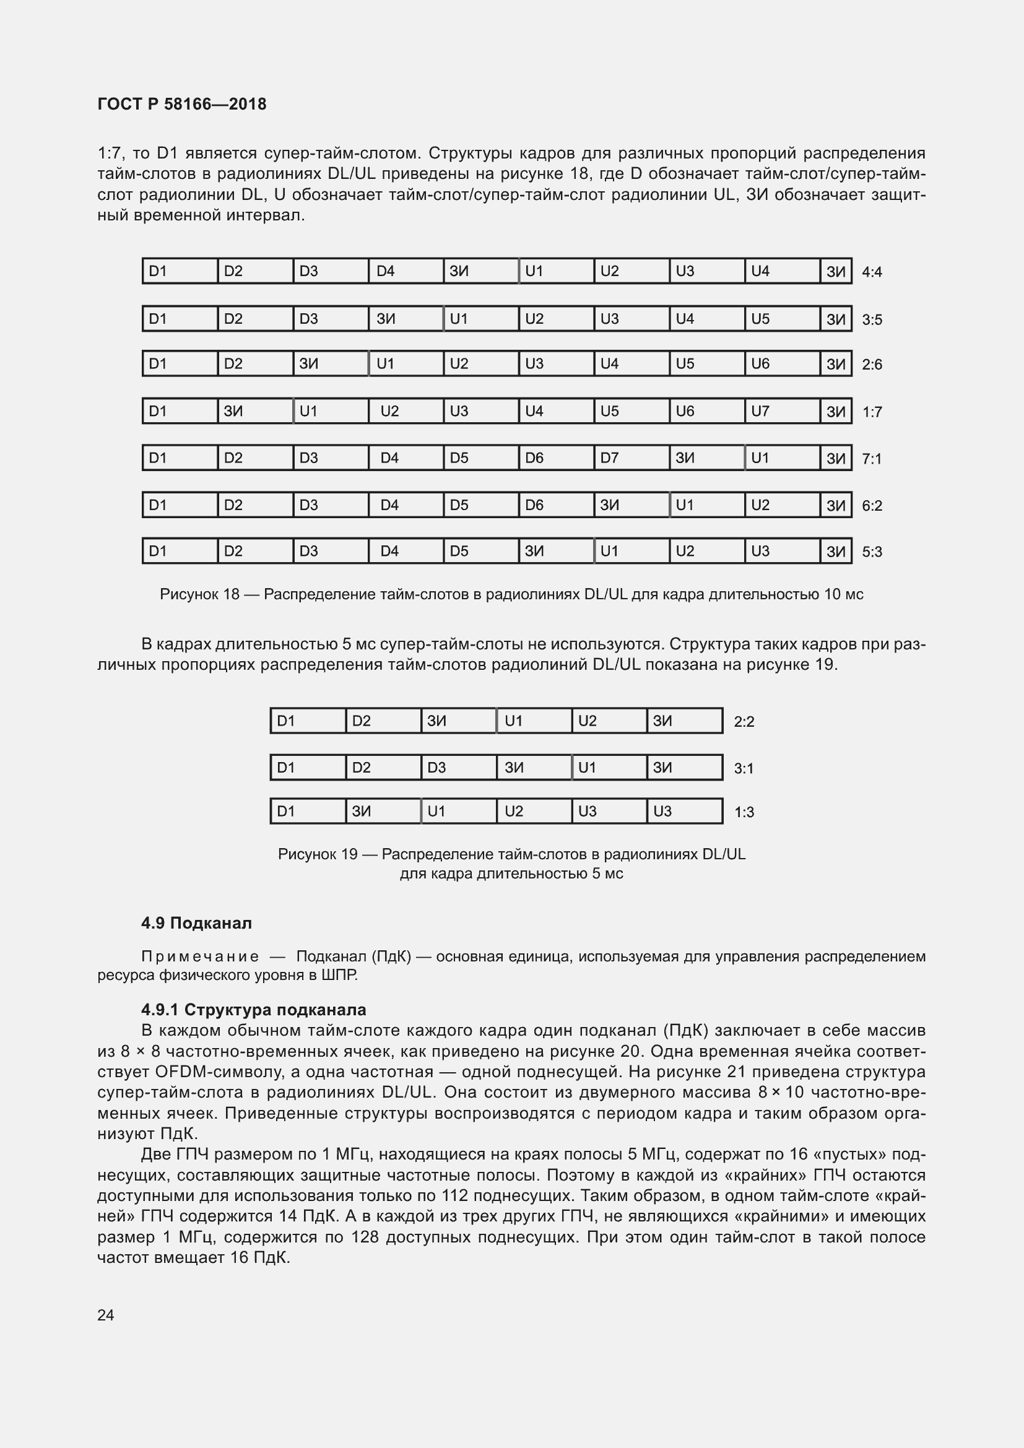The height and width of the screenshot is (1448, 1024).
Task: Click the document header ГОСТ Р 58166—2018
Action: point(181,104)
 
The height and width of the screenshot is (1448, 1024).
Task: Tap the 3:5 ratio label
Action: point(872,319)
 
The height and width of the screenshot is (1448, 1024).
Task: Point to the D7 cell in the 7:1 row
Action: point(630,458)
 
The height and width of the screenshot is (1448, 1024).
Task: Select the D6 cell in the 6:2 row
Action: point(555,505)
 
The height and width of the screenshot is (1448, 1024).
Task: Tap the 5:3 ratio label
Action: point(872,552)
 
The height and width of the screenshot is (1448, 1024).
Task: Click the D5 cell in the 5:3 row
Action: point(480,551)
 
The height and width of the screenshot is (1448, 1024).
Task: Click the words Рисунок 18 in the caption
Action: point(199,594)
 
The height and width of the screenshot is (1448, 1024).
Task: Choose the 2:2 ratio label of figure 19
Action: point(744,721)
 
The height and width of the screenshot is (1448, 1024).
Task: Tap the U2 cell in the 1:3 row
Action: point(533,811)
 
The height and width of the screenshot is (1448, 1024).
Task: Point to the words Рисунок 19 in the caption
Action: point(317,854)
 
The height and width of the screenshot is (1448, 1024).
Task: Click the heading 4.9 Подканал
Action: point(196,923)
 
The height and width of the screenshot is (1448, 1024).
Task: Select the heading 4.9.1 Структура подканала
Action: point(253,1010)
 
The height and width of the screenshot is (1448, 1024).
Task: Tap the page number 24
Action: point(106,1315)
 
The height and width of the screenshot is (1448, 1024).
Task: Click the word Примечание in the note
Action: point(200,956)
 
